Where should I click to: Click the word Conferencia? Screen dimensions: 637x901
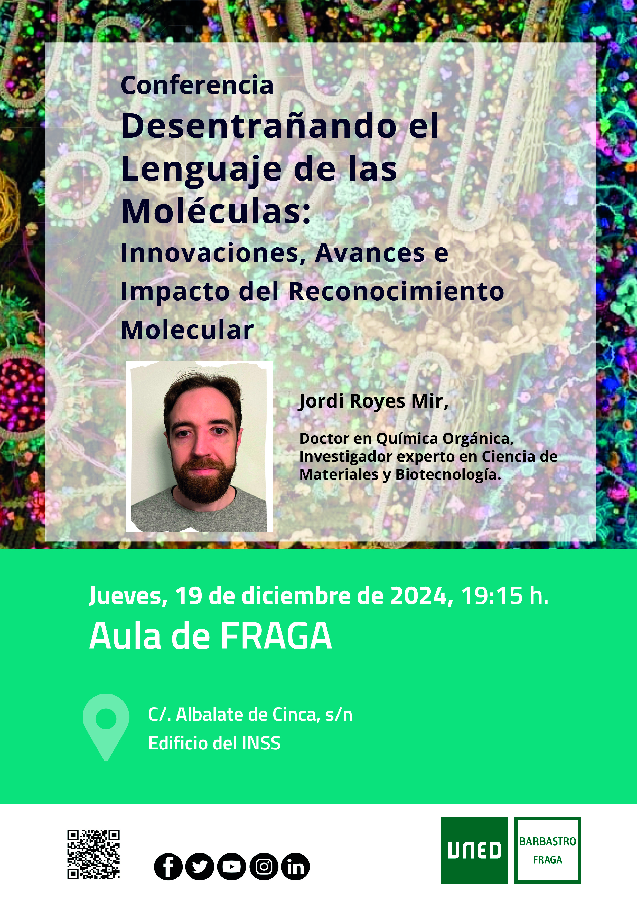[197, 85]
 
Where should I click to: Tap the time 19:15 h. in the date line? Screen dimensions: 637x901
[504, 596]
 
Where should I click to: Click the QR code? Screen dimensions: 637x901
[93, 854]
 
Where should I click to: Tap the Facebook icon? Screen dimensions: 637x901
[168, 867]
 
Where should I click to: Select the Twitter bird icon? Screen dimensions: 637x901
[199, 867]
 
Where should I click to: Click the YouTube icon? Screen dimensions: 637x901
[232, 867]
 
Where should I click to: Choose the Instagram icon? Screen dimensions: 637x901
[264, 867]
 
